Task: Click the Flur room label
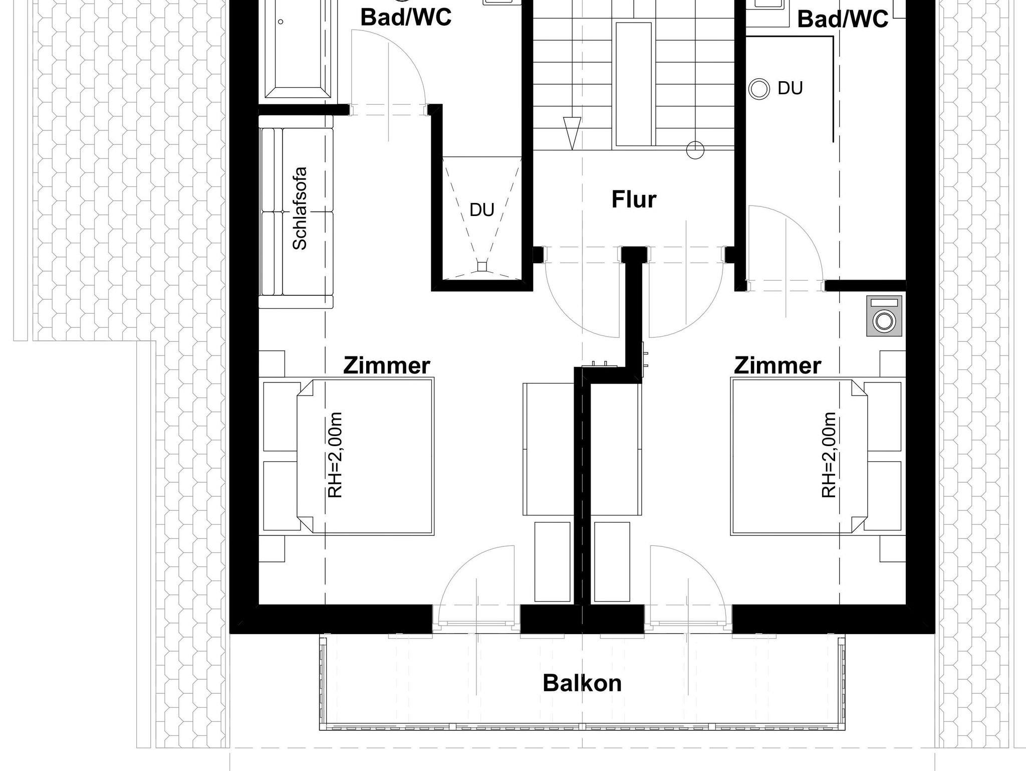(634, 200)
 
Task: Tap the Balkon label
(582, 683)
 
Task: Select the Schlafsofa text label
(300, 208)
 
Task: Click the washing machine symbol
(884, 316)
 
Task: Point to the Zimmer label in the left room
(386, 365)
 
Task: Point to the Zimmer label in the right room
(777, 365)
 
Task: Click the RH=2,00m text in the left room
(335, 455)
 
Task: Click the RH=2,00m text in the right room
(829, 455)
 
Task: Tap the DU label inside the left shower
(482, 210)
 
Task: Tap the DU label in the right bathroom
(790, 88)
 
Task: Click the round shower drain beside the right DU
(759, 89)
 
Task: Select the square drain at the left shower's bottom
(482, 267)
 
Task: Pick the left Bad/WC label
(406, 17)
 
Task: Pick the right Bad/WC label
(843, 19)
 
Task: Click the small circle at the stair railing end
(695, 149)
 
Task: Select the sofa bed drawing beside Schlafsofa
(296, 218)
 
